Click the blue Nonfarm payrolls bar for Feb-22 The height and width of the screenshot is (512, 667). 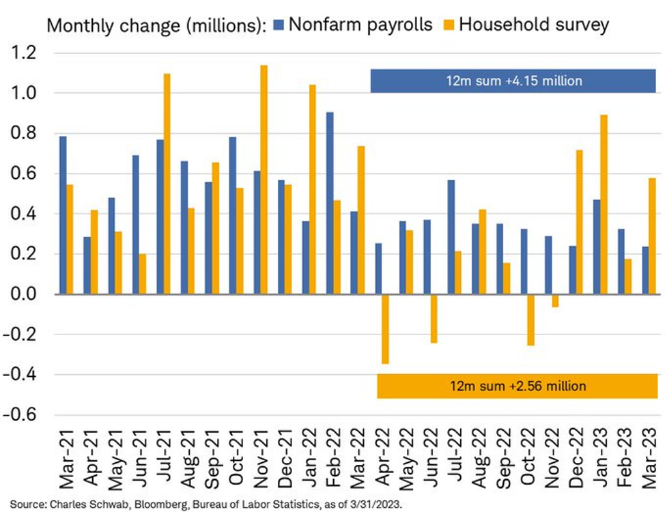[330, 203]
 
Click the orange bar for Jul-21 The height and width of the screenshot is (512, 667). [166, 184]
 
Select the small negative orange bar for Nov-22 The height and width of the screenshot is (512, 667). [554, 300]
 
